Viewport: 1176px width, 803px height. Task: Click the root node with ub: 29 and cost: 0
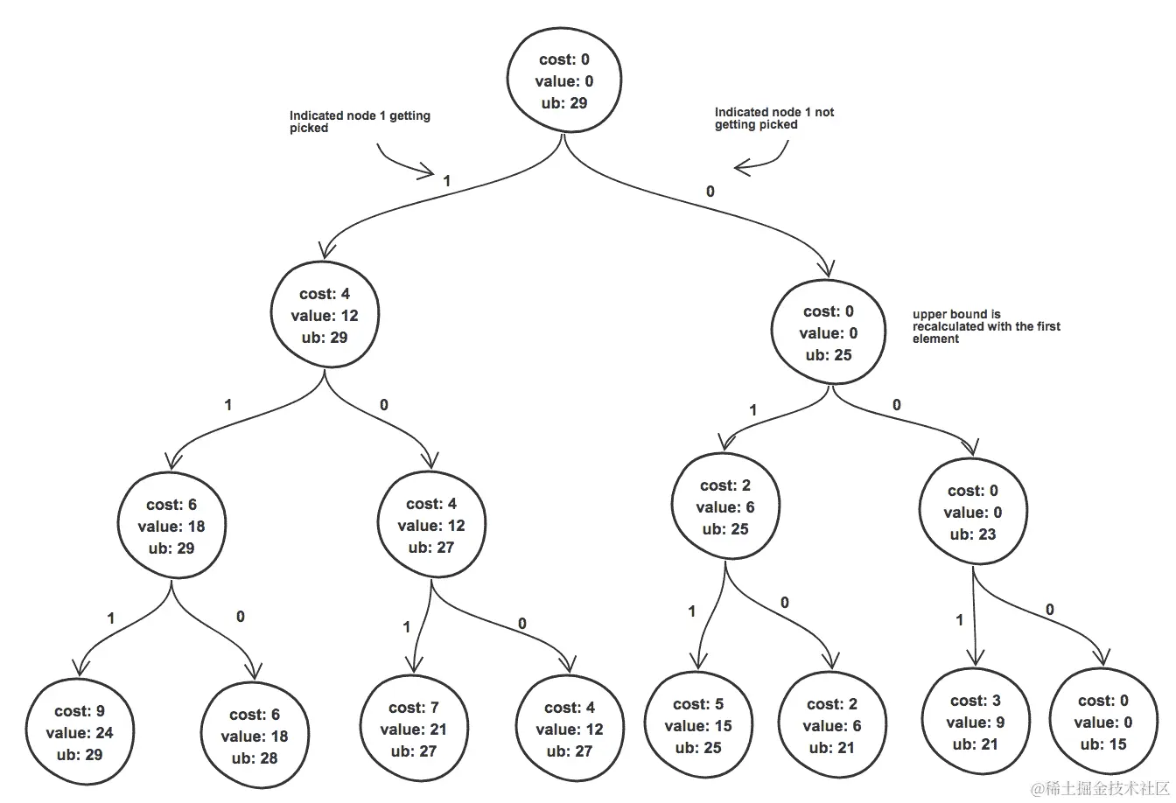tap(564, 80)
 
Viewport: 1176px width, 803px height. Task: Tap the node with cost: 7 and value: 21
tap(413, 729)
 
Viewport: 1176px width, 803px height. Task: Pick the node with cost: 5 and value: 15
tap(698, 725)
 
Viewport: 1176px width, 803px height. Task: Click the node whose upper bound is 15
tap(1102, 722)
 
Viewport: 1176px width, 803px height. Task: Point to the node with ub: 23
tap(972, 512)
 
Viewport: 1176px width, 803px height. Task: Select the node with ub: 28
tap(254, 736)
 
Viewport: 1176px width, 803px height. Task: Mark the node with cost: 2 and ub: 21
tap(831, 725)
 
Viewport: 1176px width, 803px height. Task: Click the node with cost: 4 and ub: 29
tap(325, 315)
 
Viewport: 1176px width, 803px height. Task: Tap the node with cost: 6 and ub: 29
tap(171, 526)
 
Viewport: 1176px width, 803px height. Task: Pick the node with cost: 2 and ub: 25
tap(725, 507)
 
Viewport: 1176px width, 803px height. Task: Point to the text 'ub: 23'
tap(972, 534)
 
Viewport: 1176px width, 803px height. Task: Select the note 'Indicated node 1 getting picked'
tap(360, 122)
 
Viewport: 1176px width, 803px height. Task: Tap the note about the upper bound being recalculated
tap(986, 326)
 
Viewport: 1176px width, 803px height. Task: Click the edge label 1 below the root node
tap(446, 181)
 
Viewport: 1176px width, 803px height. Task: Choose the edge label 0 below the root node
tap(710, 191)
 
